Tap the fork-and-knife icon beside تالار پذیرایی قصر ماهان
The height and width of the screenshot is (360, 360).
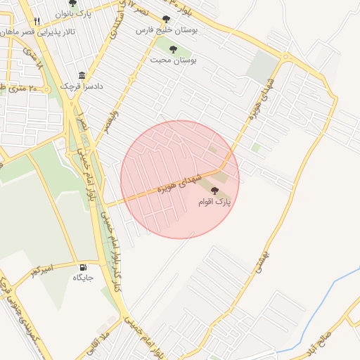click(x=37, y=22)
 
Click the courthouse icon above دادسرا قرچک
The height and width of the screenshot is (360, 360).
click(x=82, y=75)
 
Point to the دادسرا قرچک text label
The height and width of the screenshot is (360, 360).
click(x=81, y=85)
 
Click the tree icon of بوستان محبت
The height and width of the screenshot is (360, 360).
click(x=173, y=49)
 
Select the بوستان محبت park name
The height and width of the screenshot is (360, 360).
click(x=173, y=60)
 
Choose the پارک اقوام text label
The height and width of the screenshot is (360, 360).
click(x=214, y=202)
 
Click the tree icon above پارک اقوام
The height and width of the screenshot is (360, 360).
click(x=214, y=191)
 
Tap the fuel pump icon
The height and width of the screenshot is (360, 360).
click(x=84, y=267)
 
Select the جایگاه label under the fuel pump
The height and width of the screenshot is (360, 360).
click(x=83, y=278)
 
